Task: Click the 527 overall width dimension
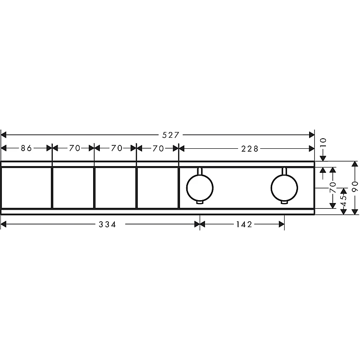click(170, 135)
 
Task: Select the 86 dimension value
click(26, 148)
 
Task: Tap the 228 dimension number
click(250, 149)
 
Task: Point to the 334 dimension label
click(108, 224)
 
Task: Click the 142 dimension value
click(244, 224)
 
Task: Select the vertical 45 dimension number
click(344, 201)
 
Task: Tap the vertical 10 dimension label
click(323, 143)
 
